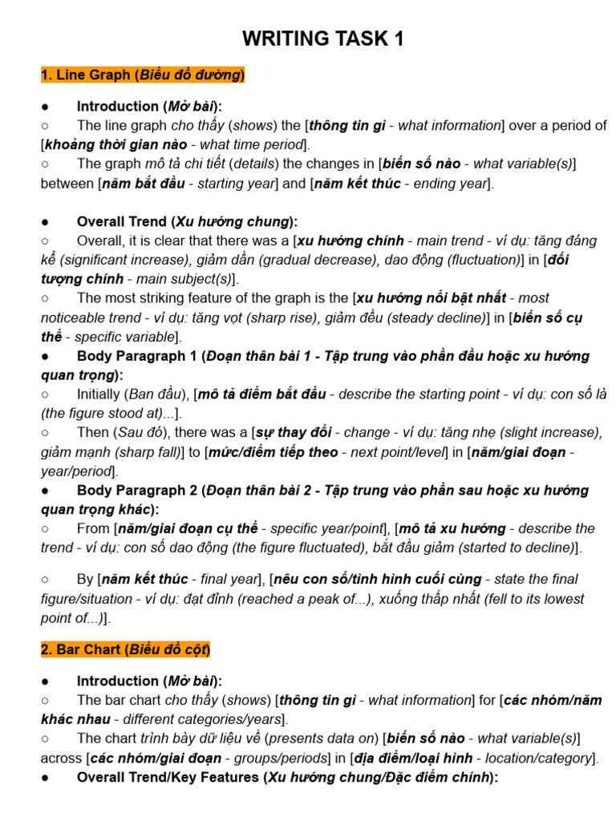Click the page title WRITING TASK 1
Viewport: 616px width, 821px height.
click(x=323, y=38)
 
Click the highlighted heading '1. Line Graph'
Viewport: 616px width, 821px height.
click(x=143, y=75)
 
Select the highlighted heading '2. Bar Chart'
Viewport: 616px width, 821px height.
click(x=125, y=649)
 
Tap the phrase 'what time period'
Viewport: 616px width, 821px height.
click(x=256, y=144)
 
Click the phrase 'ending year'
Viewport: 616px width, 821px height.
click(x=450, y=183)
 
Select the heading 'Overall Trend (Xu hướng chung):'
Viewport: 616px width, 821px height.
click(x=187, y=221)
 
